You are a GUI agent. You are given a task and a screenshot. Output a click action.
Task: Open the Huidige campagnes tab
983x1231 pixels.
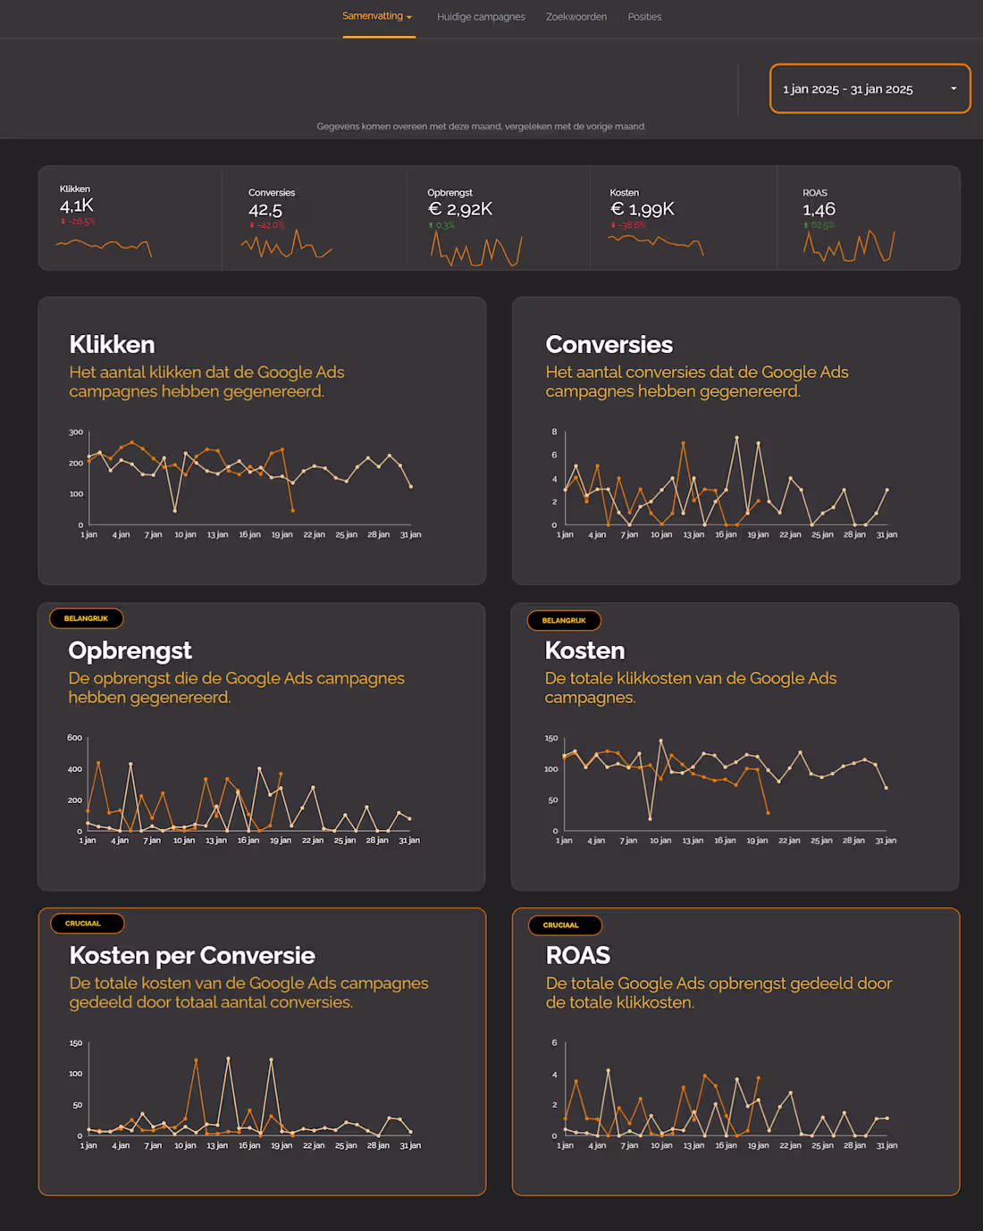[x=481, y=17]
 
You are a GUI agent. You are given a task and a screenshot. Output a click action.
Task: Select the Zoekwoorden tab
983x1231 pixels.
[x=576, y=17]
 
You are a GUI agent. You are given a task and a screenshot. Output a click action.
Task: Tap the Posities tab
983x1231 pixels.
[x=644, y=17]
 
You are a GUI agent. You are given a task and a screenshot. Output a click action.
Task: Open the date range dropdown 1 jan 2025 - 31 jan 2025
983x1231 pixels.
[x=870, y=89]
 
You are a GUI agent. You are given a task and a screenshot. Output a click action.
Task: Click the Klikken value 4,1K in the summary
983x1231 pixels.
[x=77, y=205]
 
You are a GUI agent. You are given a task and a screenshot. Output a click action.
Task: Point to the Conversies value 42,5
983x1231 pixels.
[x=265, y=210]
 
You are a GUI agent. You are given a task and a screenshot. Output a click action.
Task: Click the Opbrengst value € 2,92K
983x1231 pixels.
[x=460, y=209]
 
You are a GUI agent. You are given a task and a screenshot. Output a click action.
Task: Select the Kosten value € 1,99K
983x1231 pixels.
[x=642, y=209]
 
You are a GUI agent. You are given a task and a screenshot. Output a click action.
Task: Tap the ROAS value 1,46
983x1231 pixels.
[x=819, y=209]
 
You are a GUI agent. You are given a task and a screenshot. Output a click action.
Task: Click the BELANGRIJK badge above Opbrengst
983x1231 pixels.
[x=87, y=618]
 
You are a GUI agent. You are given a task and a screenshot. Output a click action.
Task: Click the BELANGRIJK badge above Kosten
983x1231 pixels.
[x=564, y=620]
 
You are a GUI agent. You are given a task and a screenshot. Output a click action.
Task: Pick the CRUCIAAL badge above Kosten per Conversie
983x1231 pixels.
[x=83, y=924]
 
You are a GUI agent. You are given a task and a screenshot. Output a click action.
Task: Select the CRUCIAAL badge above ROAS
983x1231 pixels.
[x=560, y=925]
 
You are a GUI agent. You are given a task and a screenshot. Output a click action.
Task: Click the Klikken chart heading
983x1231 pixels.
[x=112, y=345]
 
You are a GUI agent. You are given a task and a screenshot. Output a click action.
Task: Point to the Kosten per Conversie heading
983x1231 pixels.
[x=192, y=956]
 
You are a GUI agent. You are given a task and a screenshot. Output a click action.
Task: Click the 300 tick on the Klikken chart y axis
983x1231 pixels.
[x=76, y=432]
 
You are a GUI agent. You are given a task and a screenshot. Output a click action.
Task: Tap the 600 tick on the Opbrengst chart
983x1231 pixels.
[x=74, y=738]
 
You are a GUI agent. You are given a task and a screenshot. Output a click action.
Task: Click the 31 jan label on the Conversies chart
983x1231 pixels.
[x=886, y=535]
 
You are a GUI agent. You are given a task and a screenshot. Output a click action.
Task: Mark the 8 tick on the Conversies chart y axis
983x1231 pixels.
[x=554, y=432]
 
